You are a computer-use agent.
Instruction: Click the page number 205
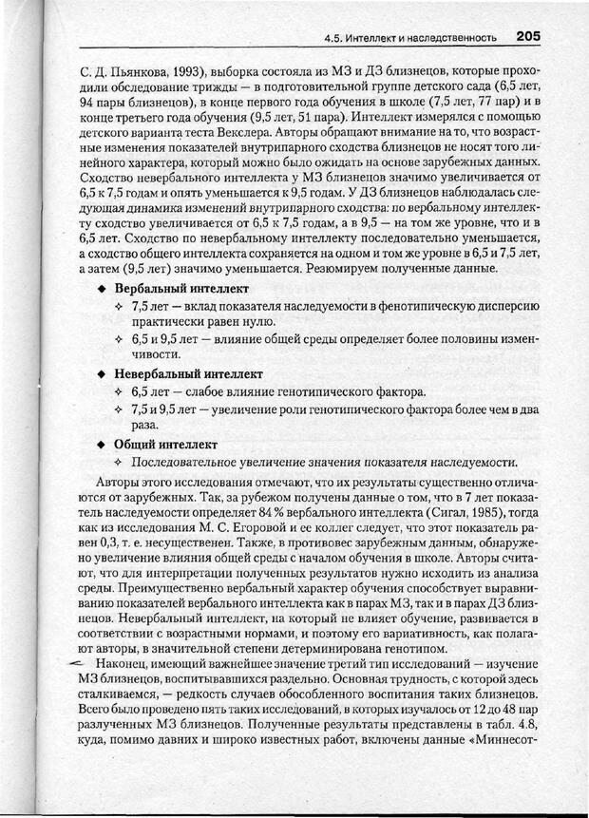pyautogui.click(x=527, y=36)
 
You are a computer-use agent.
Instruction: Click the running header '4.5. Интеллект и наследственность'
pyautogui.click(x=410, y=39)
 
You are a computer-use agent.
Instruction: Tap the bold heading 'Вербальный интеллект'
pyautogui.click(x=181, y=288)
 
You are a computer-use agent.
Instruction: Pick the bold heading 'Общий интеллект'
pyautogui.click(x=166, y=444)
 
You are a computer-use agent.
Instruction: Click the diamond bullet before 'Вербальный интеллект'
pyautogui.click(x=101, y=288)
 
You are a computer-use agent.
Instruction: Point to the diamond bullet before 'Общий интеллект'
pyautogui.click(x=101, y=444)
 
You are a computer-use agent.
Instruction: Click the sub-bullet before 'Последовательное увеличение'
pyautogui.click(x=119, y=463)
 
